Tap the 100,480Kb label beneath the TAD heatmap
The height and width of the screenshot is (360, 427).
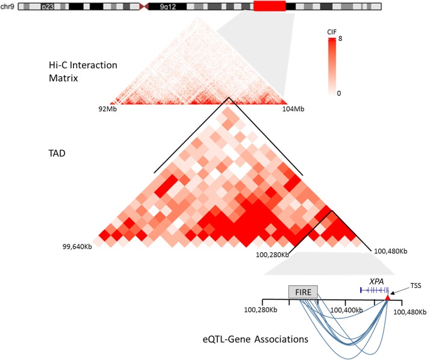pyautogui.click(x=390, y=250)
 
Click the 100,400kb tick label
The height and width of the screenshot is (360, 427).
pyautogui.click(x=345, y=309)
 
